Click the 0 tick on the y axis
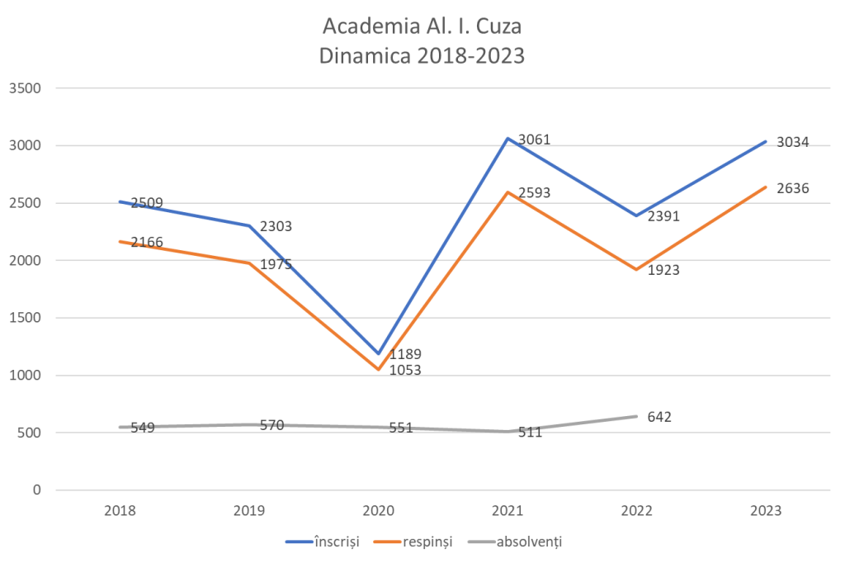coord(36,490)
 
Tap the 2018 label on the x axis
coord(120,511)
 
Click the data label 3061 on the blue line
coord(534,140)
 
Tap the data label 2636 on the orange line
coord(792,188)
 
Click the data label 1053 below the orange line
coord(405,371)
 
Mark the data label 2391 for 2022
coord(663,218)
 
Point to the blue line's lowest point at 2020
coord(379,354)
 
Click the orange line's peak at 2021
coord(507,192)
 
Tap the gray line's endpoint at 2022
coord(636,416)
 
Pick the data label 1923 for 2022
coord(663,270)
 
